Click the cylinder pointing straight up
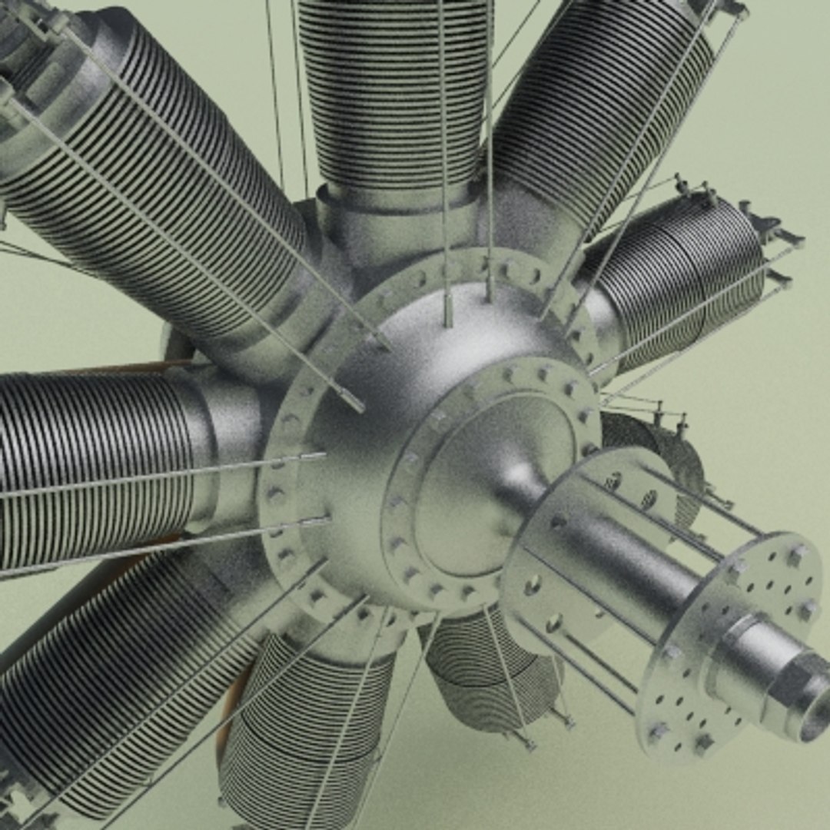click(392, 92)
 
